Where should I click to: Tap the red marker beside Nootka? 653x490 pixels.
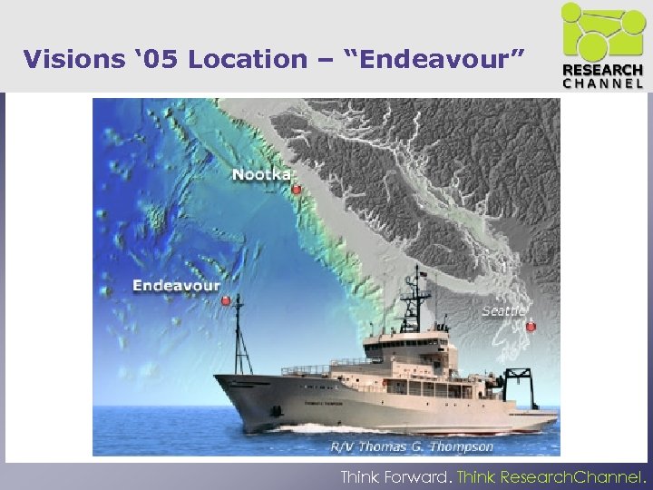pos(297,190)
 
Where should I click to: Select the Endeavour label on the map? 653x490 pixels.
pos(176,286)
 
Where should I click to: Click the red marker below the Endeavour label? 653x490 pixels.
pos(225,300)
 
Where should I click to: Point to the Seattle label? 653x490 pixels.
pos(502,311)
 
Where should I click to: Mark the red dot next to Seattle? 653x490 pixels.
pos(531,326)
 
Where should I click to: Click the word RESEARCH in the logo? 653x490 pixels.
pos(603,71)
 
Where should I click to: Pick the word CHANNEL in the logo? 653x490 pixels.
pos(603,83)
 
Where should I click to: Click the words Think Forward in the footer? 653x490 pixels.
pos(395,475)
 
